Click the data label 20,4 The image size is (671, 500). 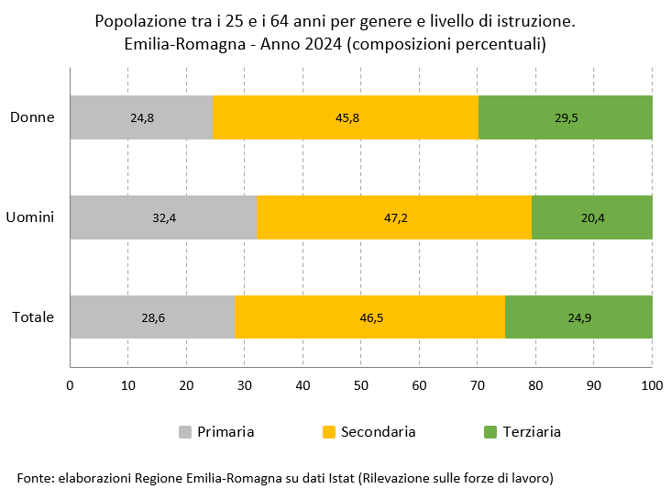[591, 217]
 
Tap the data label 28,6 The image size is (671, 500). [152, 317]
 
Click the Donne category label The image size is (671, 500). [33, 117]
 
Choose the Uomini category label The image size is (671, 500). [30, 217]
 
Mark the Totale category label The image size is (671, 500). [33, 317]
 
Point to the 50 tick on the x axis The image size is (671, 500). [361, 383]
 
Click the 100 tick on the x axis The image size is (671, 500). [651, 383]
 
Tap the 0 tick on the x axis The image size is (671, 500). [71, 383]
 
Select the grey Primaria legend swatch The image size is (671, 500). [185, 431]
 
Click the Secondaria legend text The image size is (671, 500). [378, 431]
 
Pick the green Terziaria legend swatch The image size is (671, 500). [489, 431]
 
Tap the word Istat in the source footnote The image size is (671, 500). [338, 478]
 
